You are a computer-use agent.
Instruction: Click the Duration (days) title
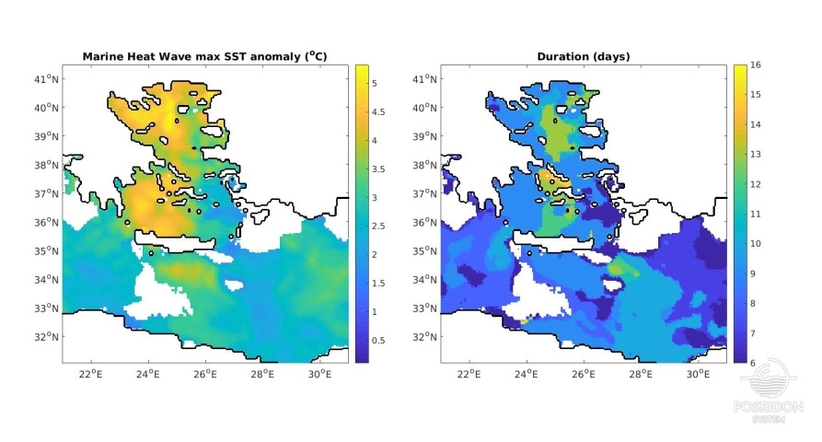tap(583, 56)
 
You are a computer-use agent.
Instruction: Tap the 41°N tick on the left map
tap(47, 78)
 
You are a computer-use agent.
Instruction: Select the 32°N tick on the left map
tap(47, 337)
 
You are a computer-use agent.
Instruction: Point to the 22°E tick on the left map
tap(90, 374)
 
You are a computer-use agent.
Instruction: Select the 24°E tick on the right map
tap(526, 374)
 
